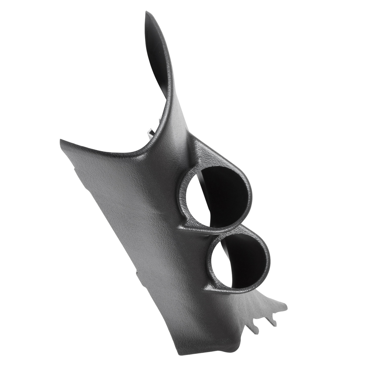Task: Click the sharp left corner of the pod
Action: coord(60,140)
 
